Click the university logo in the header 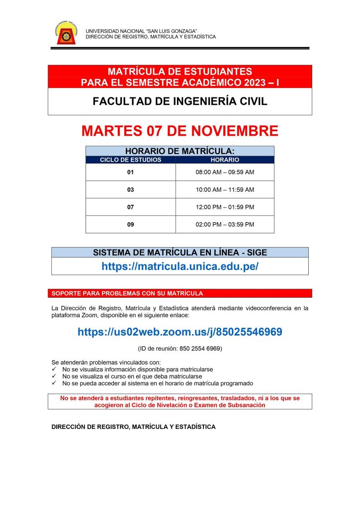click(66, 33)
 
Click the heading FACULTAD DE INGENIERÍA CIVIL click(180, 102)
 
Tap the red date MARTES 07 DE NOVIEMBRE click(180, 131)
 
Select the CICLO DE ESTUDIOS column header click(131, 160)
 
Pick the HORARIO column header click(225, 160)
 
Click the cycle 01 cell click(131, 172)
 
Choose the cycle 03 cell click(131, 190)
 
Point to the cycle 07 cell click(131, 207)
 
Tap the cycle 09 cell click(131, 225)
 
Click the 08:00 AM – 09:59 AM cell click(225, 172)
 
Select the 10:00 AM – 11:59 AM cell click(225, 190)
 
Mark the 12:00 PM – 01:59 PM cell click(225, 207)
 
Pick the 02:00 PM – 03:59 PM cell click(225, 225)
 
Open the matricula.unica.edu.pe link click(180, 266)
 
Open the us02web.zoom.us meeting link click(180, 332)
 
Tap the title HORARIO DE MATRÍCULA click(180, 151)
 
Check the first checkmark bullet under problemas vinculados click(55, 370)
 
